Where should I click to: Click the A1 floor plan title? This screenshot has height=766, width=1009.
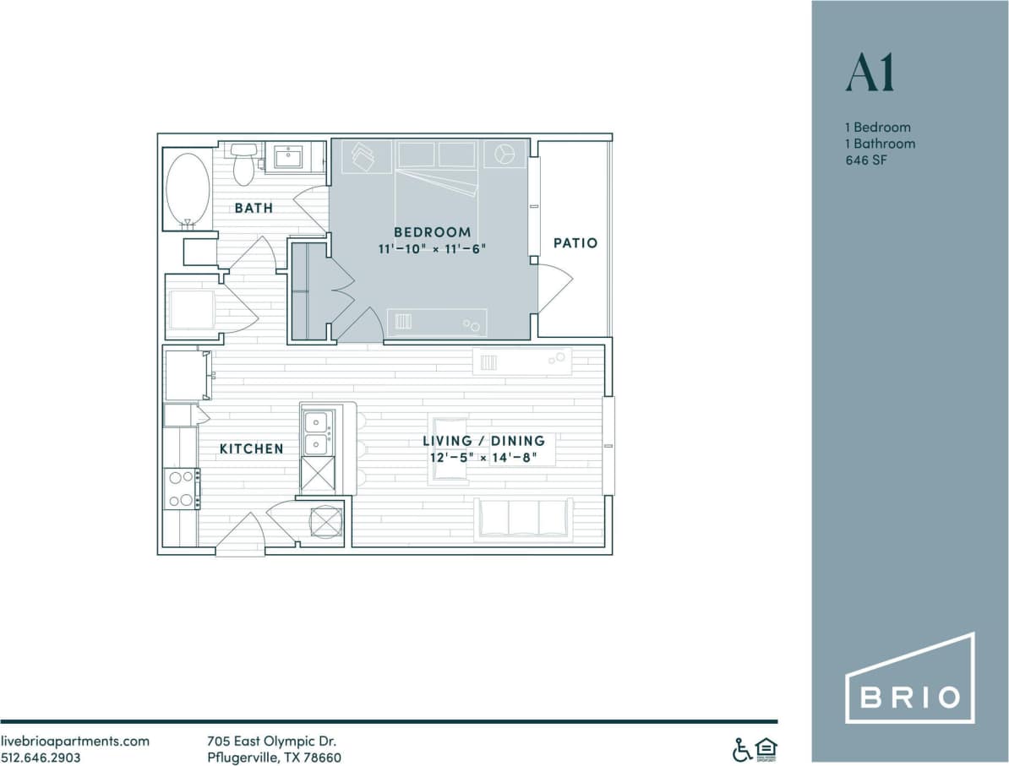pos(870,74)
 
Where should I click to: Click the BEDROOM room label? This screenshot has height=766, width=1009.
pos(432,232)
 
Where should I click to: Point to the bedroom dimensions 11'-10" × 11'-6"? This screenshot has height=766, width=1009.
pos(432,249)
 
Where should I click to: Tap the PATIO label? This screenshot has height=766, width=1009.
pos(575,243)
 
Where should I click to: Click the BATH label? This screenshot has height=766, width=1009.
pos(254,208)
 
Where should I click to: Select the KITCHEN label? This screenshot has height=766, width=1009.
pos(251,448)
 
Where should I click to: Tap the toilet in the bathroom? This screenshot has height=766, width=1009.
pos(243,162)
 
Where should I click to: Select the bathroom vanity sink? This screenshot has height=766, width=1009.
pos(288,157)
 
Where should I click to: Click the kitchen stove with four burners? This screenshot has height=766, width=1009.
pos(182,489)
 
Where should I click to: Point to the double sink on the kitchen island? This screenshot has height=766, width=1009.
pos(317,432)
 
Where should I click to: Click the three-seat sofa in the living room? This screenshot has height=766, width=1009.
pos(524,519)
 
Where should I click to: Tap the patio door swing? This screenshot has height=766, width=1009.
pos(554,287)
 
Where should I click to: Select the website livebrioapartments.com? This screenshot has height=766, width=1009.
pos(75,742)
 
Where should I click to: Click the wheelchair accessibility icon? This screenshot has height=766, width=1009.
pos(741,749)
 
